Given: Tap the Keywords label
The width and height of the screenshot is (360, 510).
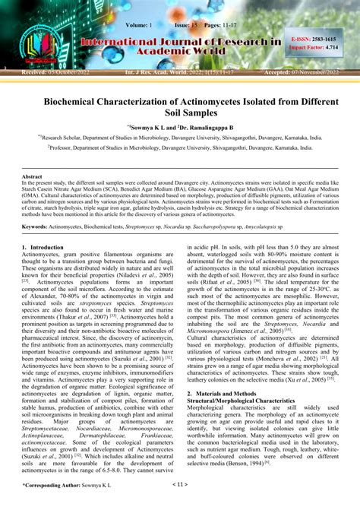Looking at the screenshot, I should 36,226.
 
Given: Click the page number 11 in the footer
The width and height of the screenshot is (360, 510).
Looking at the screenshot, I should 179,503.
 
